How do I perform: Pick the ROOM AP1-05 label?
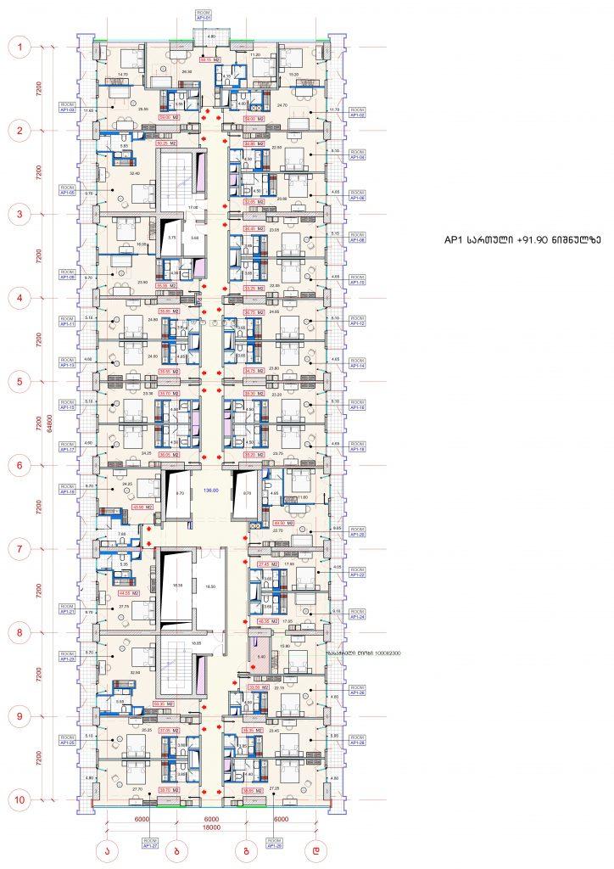[x=67, y=190]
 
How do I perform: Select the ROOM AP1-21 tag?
[x=67, y=609]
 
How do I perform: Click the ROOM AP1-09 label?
[x=67, y=274]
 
